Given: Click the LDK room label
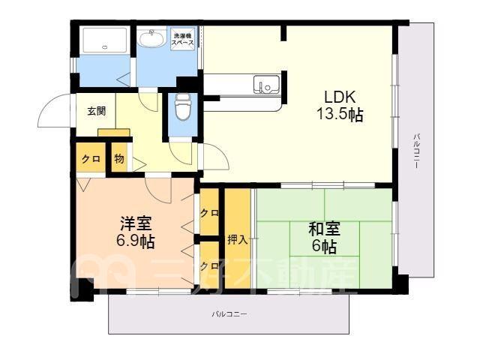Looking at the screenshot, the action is coord(340,97).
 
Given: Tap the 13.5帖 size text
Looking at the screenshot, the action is coord(340,115).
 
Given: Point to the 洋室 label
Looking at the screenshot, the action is coord(136,223).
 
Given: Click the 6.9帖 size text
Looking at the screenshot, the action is coord(135,241).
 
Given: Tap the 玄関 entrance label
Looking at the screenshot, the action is coord(97,111).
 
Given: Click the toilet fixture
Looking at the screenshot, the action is coord(183,106).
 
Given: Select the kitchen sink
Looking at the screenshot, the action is coord(266,84).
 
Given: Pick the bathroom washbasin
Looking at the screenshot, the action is coord(151,38).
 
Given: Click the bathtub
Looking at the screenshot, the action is coord(105,40).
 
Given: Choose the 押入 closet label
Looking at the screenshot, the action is coord(238,240).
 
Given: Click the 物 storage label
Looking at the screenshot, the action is coord(119,159).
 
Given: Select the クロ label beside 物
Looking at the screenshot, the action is coord(91,159).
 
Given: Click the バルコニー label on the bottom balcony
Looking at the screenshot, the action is coord(229,314).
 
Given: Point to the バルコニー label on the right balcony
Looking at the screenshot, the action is coord(416,151).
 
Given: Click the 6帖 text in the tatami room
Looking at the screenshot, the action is coord(325,246).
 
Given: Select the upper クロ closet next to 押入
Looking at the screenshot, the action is coord(209,213).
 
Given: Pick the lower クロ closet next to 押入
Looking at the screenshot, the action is coord(209,265).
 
